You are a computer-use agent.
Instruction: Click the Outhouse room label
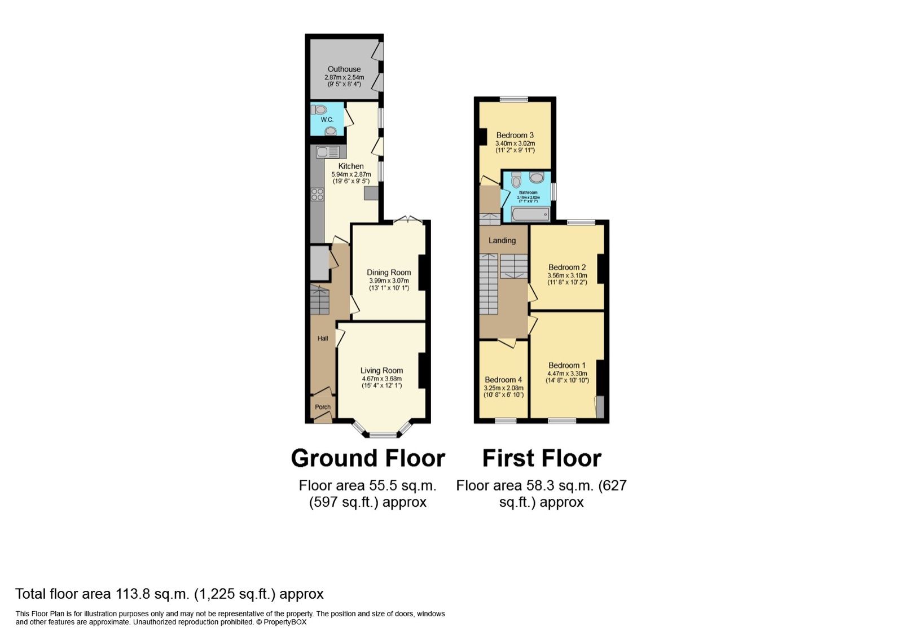(344, 69)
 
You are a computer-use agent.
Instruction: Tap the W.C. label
(327, 120)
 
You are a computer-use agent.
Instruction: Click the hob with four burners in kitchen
(317, 195)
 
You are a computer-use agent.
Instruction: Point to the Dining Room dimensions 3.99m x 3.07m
(389, 280)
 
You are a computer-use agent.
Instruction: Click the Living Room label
(381, 371)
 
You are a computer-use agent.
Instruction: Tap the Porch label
(323, 407)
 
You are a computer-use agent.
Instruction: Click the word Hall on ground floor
(323, 339)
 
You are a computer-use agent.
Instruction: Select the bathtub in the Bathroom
(530, 214)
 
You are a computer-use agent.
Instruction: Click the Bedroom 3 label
(515, 135)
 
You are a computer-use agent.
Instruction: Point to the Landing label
(502, 240)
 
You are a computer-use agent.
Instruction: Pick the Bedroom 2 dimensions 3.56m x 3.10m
(567, 275)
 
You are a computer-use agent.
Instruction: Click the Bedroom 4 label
(503, 380)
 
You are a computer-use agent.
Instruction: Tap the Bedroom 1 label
(566, 366)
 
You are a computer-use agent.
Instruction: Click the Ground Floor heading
(368, 458)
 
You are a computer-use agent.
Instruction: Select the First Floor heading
(541, 458)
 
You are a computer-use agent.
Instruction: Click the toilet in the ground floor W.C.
(319, 109)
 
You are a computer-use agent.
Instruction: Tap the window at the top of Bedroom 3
(513, 99)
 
